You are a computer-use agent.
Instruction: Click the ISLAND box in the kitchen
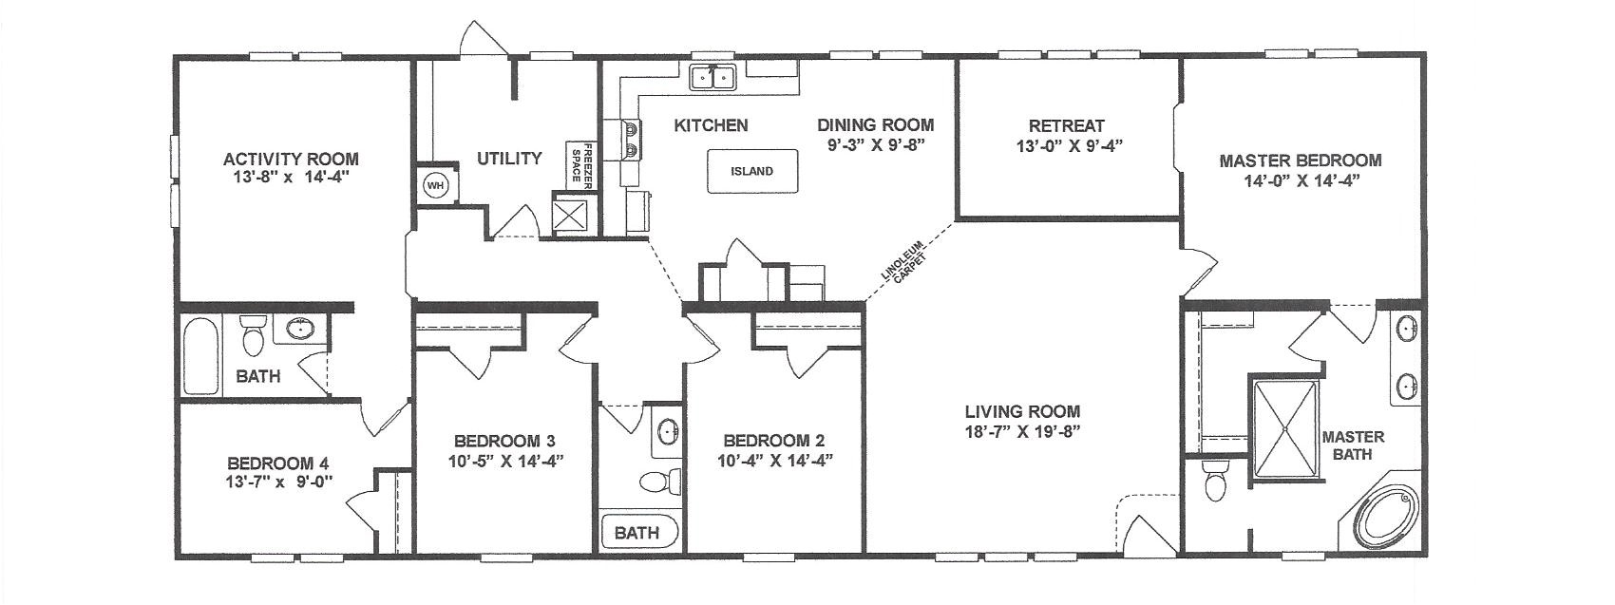[x=752, y=171]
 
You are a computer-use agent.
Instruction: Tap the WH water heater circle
[x=435, y=185]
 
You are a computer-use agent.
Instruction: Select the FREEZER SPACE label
[x=581, y=165]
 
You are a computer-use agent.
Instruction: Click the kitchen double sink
[x=712, y=76]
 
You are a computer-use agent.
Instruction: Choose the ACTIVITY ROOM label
[x=291, y=159]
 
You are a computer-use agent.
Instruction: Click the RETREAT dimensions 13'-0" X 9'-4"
[x=1069, y=146]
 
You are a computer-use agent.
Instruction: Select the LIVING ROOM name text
[x=1022, y=412]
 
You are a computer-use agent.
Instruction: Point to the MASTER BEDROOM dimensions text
[x=1301, y=181]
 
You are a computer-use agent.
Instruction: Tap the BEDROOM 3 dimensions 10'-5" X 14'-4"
[x=505, y=461]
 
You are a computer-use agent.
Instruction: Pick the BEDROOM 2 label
[x=774, y=441]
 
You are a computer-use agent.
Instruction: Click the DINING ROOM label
[x=875, y=125]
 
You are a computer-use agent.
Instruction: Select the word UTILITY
[x=509, y=158]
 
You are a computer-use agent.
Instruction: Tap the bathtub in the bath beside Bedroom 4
[x=200, y=356]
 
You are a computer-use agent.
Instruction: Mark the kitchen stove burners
[x=632, y=140]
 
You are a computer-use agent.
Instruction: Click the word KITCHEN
[x=711, y=125]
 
